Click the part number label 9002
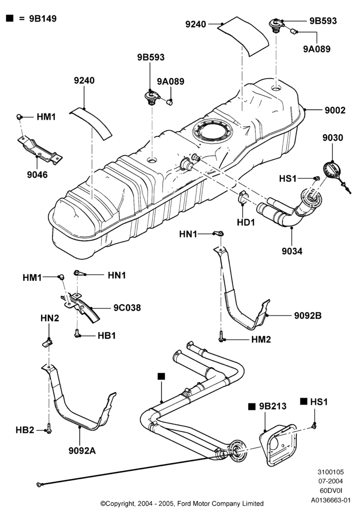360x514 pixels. [335, 110]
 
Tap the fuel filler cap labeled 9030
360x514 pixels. [332, 171]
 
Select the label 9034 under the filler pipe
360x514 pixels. [292, 251]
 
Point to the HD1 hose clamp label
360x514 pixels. [246, 222]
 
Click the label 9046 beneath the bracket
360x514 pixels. [38, 175]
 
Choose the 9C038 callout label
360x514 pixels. [127, 308]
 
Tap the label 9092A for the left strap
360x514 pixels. [82, 451]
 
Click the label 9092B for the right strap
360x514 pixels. [308, 316]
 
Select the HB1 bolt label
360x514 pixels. [107, 336]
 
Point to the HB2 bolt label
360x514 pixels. [25, 430]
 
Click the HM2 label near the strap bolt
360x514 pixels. [261, 339]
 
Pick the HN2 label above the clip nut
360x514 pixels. [50, 318]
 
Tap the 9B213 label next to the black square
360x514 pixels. [273, 406]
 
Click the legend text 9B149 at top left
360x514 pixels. [43, 19]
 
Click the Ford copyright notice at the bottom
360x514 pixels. [182, 504]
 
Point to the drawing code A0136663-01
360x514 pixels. [331, 500]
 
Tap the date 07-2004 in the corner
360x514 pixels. [331, 481]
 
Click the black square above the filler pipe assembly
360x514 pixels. [161, 376]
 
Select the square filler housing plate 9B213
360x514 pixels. [278, 445]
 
